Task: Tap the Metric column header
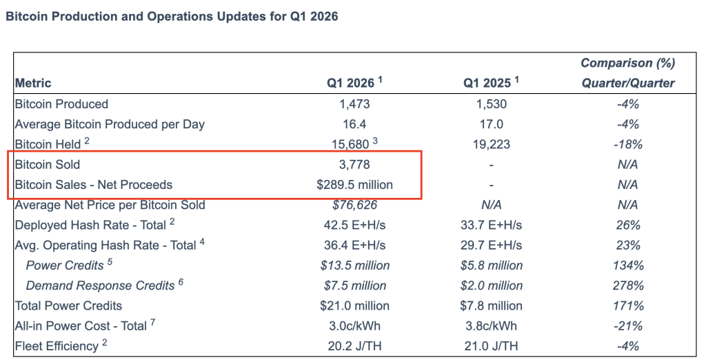(33, 83)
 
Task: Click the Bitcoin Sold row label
(48, 164)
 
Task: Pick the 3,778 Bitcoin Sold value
(354, 164)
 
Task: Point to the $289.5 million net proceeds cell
(354, 185)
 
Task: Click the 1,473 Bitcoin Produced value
(354, 104)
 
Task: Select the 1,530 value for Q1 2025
(491, 104)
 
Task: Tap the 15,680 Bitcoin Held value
(352, 144)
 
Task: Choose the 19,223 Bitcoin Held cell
(491, 144)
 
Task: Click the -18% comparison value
(627, 144)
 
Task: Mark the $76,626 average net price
(354, 205)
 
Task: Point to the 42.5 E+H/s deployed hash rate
(354, 225)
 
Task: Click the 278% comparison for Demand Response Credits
(627, 286)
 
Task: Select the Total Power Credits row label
(68, 306)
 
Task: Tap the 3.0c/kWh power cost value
(354, 326)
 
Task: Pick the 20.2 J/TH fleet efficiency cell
(354, 346)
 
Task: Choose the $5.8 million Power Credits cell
(491, 266)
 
